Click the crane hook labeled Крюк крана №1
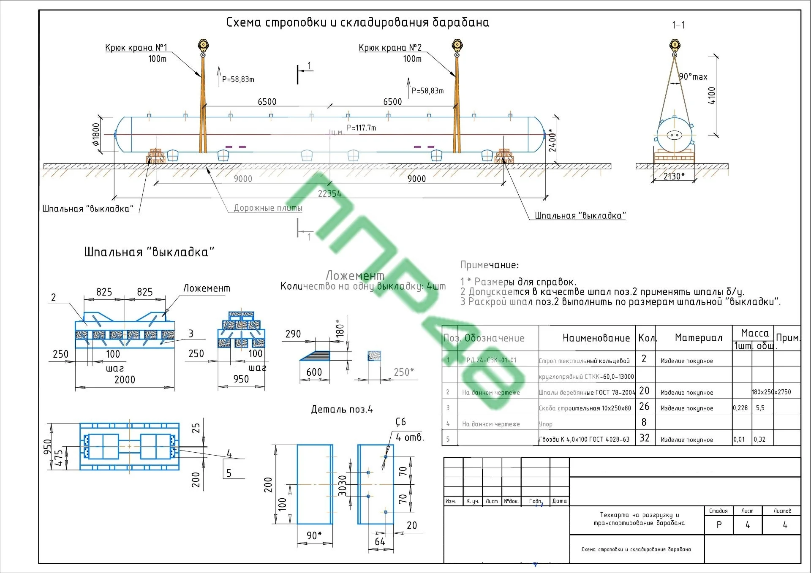click(203, 46)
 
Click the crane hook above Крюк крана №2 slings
click(457, 46)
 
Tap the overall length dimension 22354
click(329, 193)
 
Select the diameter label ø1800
click(96, 134)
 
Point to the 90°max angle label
click(693, 77)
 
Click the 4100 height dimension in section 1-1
click(711, 96)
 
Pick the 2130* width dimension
click(674, 176)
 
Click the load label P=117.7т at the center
click(361, 128)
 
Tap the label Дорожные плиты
click(268, 208)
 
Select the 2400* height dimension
click(552, 141)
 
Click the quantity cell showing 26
click(644, 407)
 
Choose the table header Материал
click(699, 338)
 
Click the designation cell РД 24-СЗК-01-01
click(491, 360)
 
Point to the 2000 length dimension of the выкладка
click(125, 380)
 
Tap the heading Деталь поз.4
click(342, 409)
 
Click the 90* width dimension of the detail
click(314, 535)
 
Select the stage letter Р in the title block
click(719, 525)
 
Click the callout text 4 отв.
click(410, 437)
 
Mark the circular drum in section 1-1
click(674, 135)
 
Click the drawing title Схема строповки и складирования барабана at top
click(358, 22)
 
